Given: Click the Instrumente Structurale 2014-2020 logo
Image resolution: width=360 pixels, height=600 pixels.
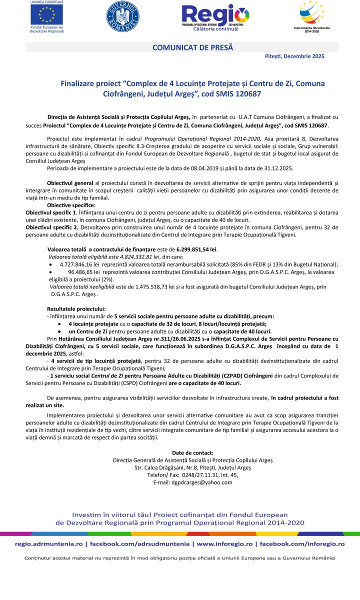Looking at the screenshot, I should pos(315,14).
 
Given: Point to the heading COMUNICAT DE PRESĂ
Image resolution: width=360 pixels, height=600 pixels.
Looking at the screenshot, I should pos(192,47).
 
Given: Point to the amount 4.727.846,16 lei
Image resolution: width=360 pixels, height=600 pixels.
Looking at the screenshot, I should pos(78,264).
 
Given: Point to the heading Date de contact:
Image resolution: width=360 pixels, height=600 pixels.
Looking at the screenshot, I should pos(192,452).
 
